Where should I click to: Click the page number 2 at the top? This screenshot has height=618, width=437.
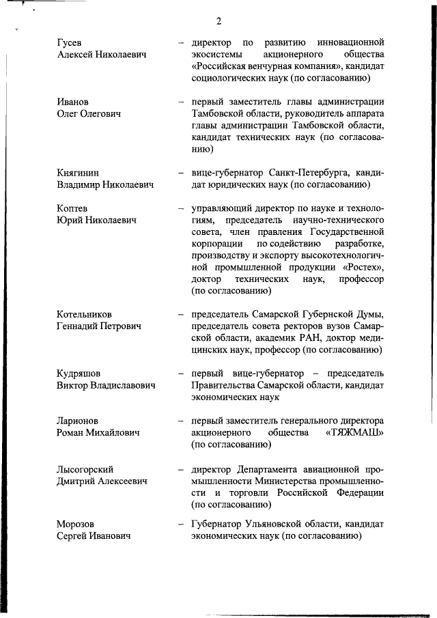coord(218,21)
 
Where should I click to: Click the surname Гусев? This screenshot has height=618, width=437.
coord(71,42)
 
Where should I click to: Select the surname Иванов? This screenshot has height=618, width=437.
coord(74,102)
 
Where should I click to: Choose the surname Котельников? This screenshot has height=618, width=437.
coord(84,314)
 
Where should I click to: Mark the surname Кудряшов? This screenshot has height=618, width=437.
coord(79,374)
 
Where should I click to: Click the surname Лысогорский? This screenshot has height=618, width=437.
coord(85,469)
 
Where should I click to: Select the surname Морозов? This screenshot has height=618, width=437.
coord(76,524)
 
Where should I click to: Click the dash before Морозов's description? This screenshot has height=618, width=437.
coord(180,524)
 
